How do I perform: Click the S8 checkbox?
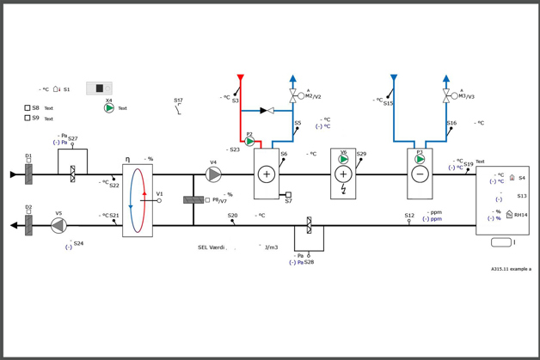(28, 108)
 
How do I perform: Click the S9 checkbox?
(28, 118)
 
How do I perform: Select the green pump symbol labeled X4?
(109, 108)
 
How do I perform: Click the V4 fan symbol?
(213, 174)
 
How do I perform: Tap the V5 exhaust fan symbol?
(58, 225)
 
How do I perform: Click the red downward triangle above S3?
(241, 78)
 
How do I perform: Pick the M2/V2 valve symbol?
(293, 96)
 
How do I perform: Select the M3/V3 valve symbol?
(446, 96)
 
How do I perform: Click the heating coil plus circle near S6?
(267, 174)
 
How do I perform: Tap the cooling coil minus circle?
(420, 174)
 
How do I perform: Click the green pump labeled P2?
(250, 142)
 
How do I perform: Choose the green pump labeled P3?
(420, 159)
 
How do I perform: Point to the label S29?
(361, 155)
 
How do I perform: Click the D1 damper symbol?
(28, 174)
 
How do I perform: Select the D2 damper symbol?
(28, 225)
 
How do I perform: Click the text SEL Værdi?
(212, 247)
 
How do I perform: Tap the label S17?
(178, 101)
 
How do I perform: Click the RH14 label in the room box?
(521, 215)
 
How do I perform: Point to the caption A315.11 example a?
(511, 269)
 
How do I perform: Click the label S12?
(409, 216)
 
